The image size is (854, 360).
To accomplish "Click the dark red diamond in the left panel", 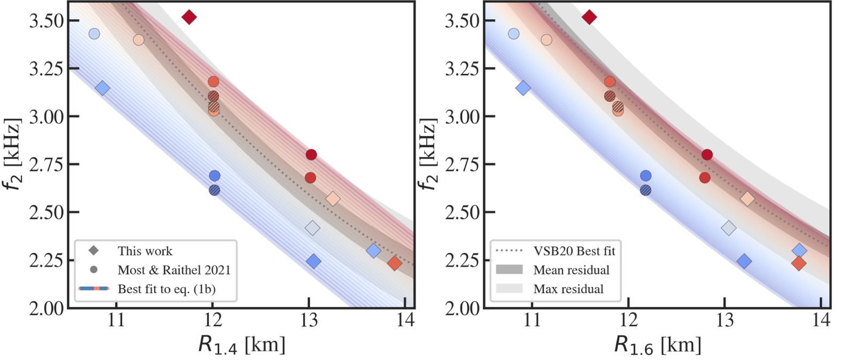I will (189, 17).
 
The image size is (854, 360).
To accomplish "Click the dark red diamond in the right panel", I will (589, 17).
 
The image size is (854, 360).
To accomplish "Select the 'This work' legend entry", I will (145, 251).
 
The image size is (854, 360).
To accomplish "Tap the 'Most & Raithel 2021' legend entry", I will (173, 270).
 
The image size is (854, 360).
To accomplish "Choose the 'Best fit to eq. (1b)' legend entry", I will (166, 289).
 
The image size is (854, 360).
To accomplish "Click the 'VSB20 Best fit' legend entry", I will (574, 251).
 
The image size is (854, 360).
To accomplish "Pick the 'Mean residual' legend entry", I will (571, 270).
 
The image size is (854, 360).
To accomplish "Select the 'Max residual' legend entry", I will (568, 289).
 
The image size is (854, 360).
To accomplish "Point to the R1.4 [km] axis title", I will (241, 345).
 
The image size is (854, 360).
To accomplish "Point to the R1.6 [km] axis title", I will (657, 345).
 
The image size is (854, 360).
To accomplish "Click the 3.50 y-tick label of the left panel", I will (46, 21).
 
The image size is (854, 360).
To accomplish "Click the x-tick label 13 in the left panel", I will (309, 321).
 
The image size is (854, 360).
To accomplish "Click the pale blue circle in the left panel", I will (94, 34).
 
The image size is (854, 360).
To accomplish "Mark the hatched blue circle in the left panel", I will (215, 190).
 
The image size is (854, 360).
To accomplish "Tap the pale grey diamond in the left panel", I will (312, 228).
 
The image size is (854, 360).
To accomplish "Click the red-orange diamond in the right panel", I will (798, 263).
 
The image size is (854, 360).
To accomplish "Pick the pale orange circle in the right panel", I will (546, 40).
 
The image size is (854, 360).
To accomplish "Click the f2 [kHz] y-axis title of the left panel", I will (14, 155).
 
